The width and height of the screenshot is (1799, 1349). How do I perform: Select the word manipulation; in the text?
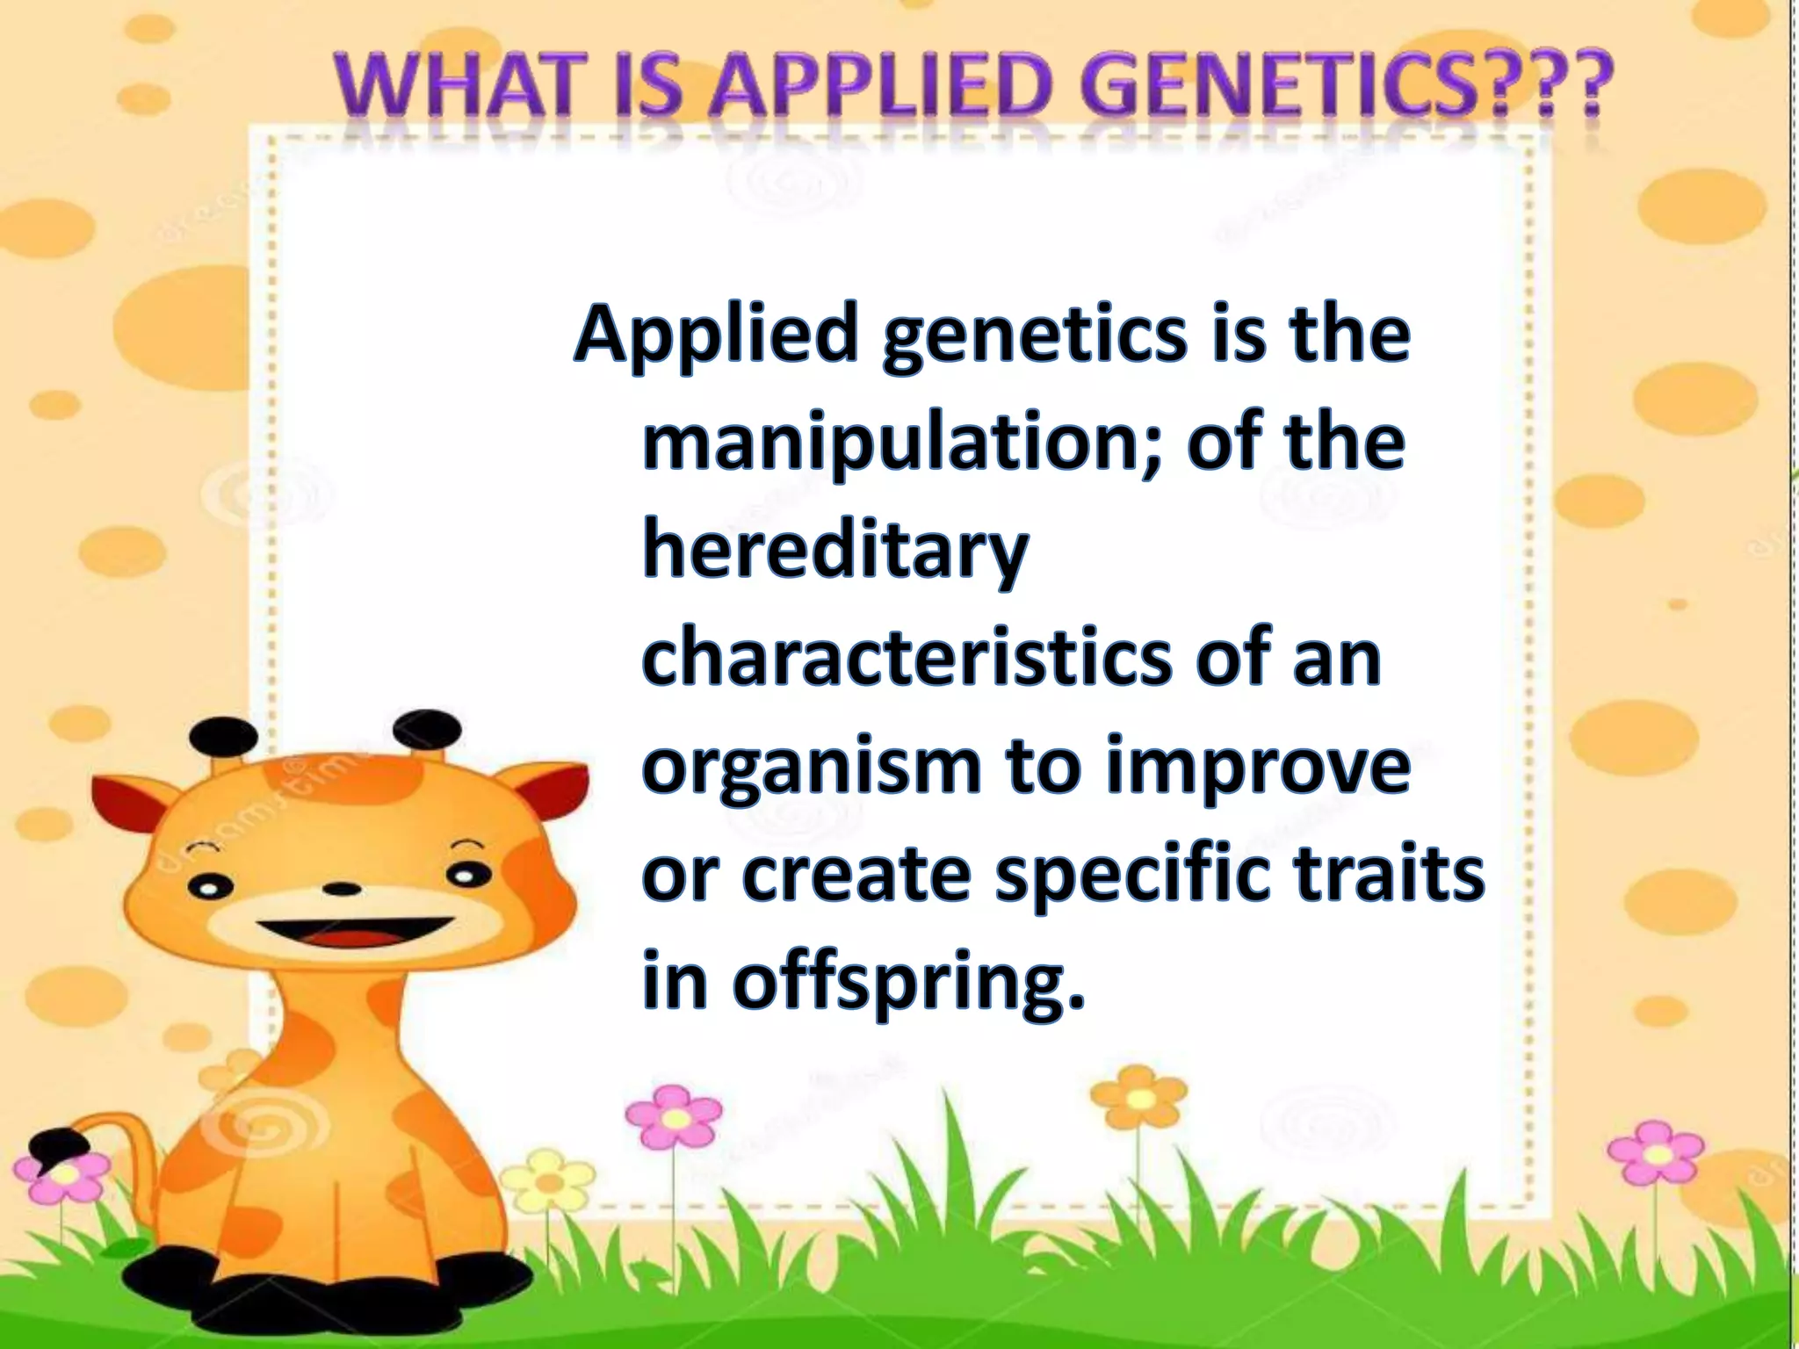[905, 444]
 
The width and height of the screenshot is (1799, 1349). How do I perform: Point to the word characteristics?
[905, 660]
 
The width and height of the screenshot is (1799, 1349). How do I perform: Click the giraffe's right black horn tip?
[426, 728]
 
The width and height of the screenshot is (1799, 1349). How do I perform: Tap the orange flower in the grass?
[1138, 1098]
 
